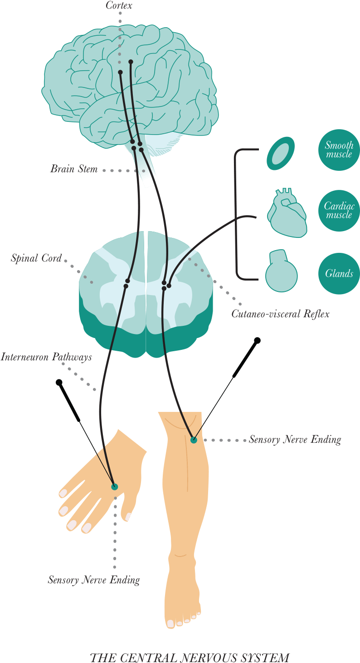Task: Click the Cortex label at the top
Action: tap(119, 6)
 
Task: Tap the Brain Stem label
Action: tap(74, 170)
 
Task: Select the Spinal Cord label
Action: tap(36, 260)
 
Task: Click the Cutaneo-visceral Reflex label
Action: tap(280, 314)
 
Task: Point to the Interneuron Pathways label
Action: tap(46, 357)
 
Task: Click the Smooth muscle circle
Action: tap(339, 150)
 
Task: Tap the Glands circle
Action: tap(339, 274)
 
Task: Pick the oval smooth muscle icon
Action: tap(281, 154)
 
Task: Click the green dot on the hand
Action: tap(114, 486)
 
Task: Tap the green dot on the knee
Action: tap(194, 440)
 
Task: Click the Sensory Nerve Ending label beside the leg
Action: tap(295, 440)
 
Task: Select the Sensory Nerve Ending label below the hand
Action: tap(94, 580)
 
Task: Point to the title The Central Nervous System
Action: tap(190, 657)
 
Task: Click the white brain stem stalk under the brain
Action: tap(148, 174)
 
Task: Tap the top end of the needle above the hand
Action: tap(59, 382)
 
